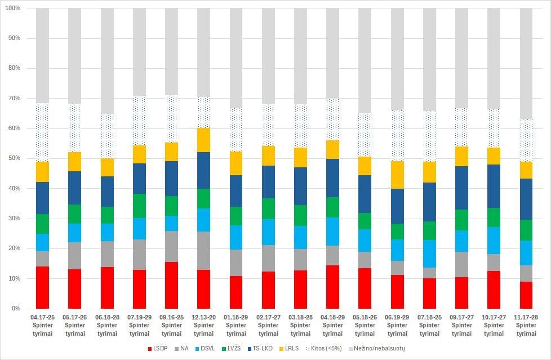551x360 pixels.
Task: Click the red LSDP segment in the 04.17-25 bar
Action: [x=42, y=287]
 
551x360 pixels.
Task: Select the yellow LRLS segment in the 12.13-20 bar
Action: [x=204, y=140]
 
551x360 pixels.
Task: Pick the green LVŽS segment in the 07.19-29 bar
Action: [x=139, y=206]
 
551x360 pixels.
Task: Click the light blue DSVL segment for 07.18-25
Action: [x=429, y=254]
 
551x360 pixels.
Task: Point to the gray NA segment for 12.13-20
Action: [x=204, y=251]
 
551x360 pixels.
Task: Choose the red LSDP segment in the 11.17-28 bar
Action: [x=526, y=295]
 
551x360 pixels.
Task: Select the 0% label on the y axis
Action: [x=16, y=309]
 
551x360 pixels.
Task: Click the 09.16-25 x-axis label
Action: [x=172, y=326]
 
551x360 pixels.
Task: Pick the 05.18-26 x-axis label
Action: [x=365, y=326]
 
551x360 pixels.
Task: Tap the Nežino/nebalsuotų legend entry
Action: [x=377, y=349]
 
